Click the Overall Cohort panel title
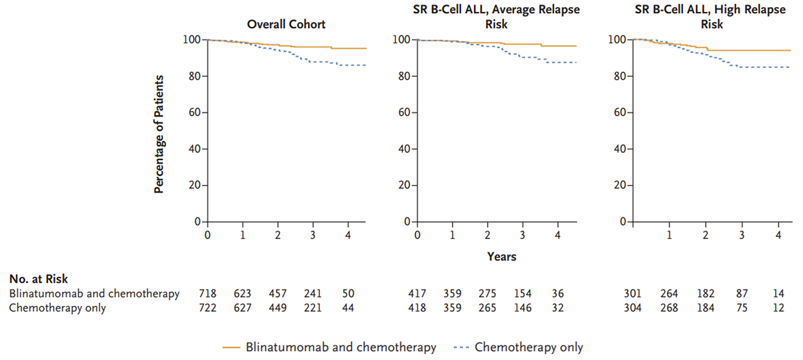coord(286,24)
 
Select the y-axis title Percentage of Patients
coord(159,134)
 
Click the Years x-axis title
coord(501,257)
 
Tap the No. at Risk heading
coord(38,279)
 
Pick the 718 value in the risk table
coord(208,294)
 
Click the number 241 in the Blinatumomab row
coord(312,294)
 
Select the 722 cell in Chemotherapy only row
coord(208,308)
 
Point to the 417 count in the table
coord(417,294)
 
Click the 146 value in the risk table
coord(522,308)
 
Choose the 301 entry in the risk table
coord(632,294)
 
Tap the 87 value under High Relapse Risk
coord(742,294)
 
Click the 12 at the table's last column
coord(778,308)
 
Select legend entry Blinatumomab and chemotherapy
coord(341,347)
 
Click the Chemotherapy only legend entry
coord(528,347)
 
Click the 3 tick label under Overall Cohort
coord(313,235)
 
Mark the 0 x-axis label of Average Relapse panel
coord(417,235)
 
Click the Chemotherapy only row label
coord(57,308)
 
